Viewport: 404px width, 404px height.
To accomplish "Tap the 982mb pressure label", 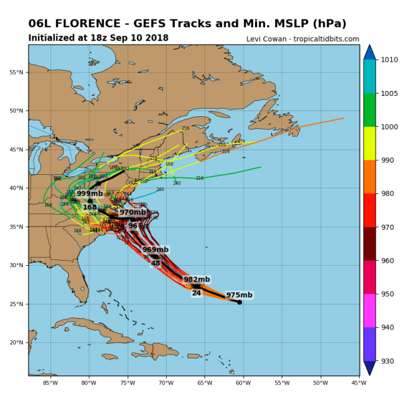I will tap(197, 279).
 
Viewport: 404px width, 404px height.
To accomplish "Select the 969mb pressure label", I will tap(155, 250).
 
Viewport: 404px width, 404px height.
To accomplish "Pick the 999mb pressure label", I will tap(90, 194).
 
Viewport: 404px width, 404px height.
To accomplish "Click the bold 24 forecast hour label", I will tap(196, 293).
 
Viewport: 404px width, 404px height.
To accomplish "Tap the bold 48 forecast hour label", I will tap(155, 263).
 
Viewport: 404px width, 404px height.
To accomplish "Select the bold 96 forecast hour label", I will tap(133, 226).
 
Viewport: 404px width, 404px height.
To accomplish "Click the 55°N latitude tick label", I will tap(17, 72).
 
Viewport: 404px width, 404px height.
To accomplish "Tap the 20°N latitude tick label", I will tap(17, 343).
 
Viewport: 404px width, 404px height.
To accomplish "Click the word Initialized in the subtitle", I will tap(50, 38).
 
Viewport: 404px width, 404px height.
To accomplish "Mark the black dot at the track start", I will tap(240, 302).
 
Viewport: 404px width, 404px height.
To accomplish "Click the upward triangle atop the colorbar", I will tap(370, 51).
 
